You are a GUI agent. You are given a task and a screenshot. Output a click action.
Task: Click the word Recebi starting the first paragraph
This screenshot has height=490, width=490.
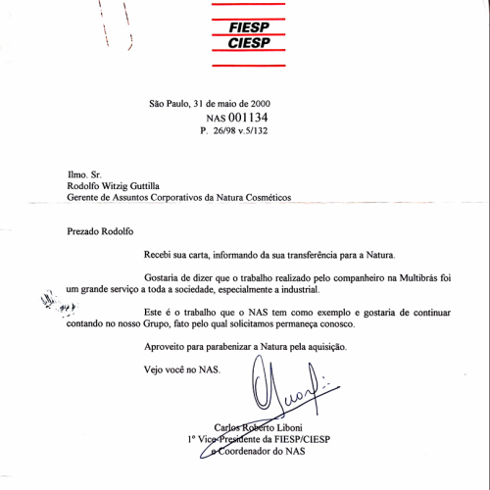pyautogui.click(x=162, y=254)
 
